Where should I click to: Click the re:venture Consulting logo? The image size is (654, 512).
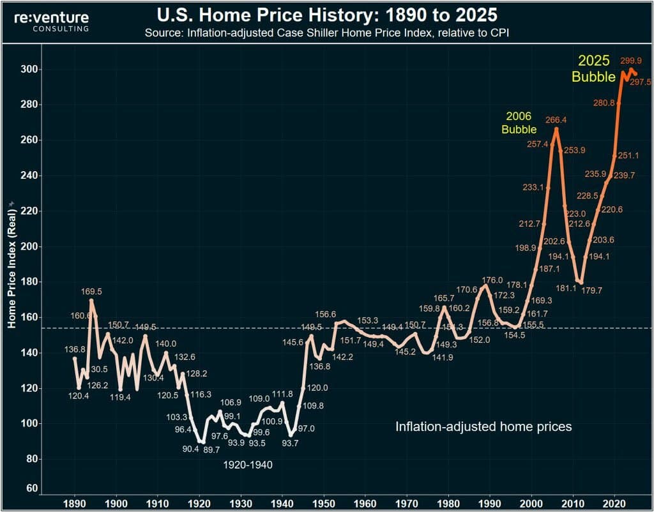click(52, 21)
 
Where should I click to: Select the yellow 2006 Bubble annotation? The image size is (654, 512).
click(519, 123)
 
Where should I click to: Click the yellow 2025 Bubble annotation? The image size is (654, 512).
click(594, 69)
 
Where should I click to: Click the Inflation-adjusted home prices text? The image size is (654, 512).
click(483, 426)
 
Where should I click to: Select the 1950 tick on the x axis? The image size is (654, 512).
click(323, 502)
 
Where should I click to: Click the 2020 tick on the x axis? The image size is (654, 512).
click(614, 502)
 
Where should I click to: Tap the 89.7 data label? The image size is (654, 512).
click(212, 450)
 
